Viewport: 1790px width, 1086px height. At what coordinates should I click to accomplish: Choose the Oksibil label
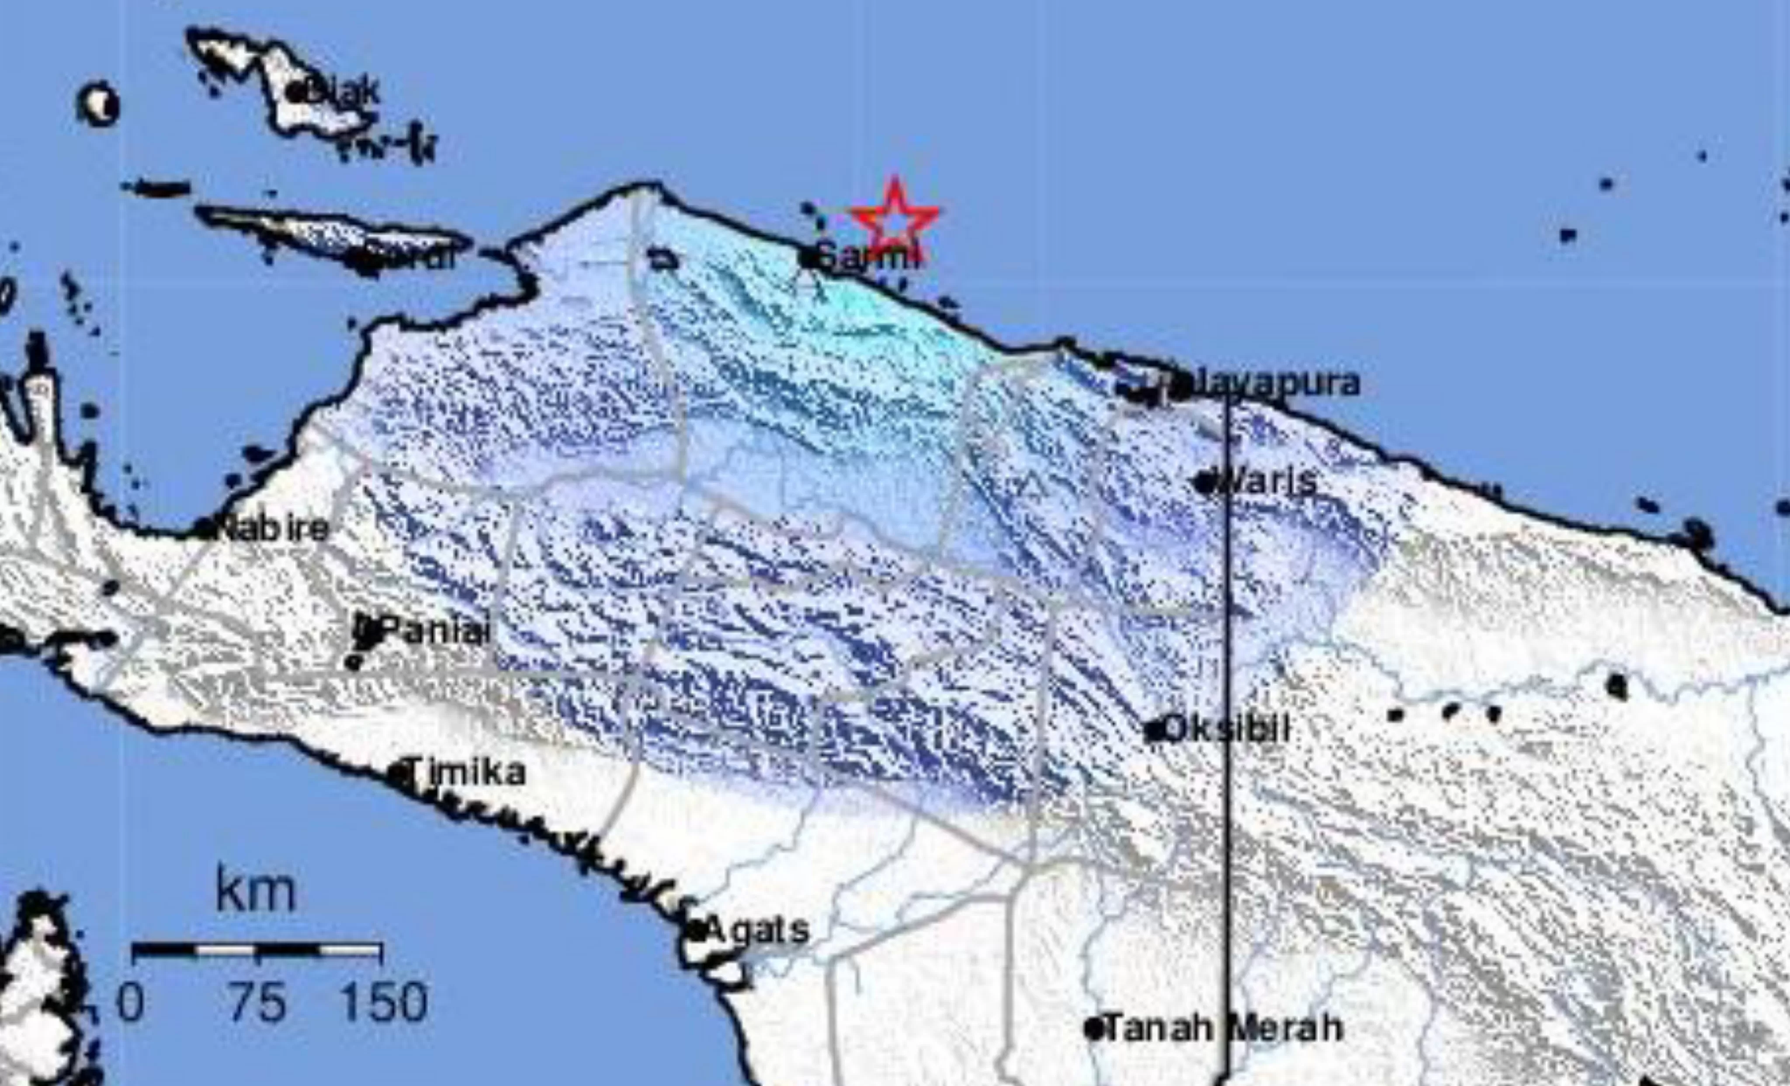pos(1226,729)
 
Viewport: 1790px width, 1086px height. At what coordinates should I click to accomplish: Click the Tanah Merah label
pos(1223,1028)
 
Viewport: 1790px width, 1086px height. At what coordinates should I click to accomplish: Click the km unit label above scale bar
pos(256,892)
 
